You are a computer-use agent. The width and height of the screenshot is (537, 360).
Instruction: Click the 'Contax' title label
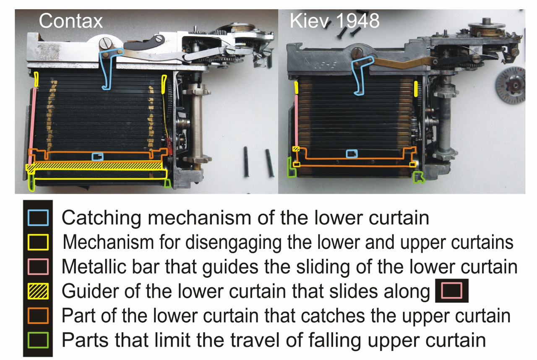coord(71,21)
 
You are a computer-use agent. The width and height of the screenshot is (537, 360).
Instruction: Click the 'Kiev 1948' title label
coord(335,21)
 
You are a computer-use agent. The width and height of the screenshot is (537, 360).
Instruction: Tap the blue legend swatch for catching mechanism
coord(38,218)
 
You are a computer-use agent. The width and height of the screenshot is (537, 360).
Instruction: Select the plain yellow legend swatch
coord(38,243)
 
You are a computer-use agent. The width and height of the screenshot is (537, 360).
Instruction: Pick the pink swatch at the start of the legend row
coord(38,266)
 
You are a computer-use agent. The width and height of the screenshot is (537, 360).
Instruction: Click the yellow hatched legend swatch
coord(38,291)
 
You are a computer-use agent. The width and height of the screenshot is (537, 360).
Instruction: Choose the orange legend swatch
coord(38,316)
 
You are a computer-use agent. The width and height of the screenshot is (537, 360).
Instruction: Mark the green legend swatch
coord(38,340)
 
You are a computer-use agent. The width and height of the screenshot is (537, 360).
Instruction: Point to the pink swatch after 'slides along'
coord(452,290)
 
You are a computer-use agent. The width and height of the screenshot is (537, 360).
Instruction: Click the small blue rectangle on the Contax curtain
coord(98,157)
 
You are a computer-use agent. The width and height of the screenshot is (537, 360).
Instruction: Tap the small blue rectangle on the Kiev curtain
coord(352,154)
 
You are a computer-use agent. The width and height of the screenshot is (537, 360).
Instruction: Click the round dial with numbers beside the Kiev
coord(511,86)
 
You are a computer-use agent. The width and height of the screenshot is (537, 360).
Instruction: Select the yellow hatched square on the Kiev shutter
coord(296,149)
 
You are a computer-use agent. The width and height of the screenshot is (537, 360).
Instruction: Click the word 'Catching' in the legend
coord(102,218)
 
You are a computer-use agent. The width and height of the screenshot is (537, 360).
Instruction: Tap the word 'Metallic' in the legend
coord(94,266)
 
